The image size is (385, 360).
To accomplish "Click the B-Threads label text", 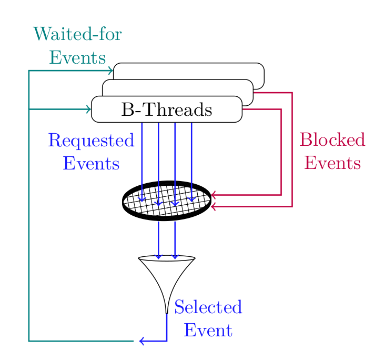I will [166, 109].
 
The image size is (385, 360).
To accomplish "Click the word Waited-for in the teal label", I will [78, 35].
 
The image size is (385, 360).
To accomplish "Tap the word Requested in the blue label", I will [91, 141].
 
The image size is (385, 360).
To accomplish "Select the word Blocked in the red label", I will [332, 140].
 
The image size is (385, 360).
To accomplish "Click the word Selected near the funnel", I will [208, 307].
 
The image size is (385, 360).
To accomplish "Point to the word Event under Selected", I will [208, 330].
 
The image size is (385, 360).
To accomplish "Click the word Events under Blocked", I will [332, 163].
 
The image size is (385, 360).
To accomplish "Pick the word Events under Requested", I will [91, 163].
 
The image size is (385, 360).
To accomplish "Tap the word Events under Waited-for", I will [78, 57].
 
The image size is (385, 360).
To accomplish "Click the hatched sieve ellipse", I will [167, 201].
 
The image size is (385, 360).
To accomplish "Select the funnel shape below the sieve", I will [167, 279].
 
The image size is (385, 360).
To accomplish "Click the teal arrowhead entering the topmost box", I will [110, 71].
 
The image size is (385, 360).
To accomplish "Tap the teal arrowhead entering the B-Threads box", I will [88, 109].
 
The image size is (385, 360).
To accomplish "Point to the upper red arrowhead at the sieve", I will [214, 195].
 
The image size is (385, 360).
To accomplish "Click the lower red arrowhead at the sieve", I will [214, 206].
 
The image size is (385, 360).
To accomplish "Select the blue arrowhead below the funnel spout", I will [141, 341].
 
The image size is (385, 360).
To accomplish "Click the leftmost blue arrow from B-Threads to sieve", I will [142, 158].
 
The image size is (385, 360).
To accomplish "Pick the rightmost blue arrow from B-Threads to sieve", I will [191, 158].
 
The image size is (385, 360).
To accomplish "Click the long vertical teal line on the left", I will [29, 211].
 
